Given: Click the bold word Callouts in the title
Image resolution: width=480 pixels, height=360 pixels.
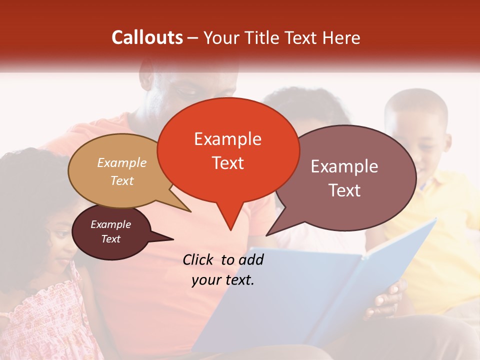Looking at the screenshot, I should coord(147,37).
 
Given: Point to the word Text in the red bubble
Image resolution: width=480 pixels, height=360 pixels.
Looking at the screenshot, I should coord(227,162).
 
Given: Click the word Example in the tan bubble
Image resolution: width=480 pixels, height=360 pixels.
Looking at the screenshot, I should coord(122,162).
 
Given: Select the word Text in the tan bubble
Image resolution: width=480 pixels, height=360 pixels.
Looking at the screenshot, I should coord(122,180).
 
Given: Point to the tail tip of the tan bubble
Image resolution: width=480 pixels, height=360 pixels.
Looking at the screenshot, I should coord(190,211).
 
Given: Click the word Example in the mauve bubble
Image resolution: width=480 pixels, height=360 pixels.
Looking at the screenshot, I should coord(344,166).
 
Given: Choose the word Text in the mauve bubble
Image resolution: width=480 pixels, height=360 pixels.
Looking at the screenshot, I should coord(344,190).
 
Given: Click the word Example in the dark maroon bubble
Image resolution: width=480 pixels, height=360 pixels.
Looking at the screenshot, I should coord(110,224).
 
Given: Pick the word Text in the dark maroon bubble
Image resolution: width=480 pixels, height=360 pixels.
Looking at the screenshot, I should coord(110,239).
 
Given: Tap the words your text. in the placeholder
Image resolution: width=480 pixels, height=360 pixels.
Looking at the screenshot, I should coord(223,280).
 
